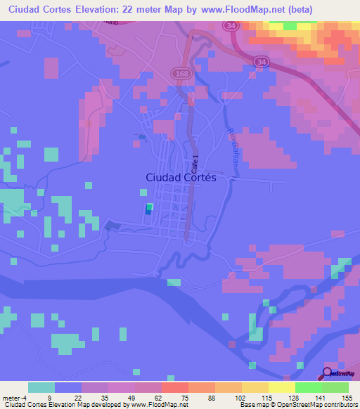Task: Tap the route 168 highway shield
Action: coord(179,72)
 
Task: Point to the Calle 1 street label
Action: coord(195,164)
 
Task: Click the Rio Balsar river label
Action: coord(233,145)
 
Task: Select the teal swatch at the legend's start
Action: coord(41,387)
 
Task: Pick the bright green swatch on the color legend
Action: coord(309,387)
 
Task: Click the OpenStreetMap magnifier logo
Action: coord(327,375)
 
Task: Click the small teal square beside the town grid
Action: coord(148,208)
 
